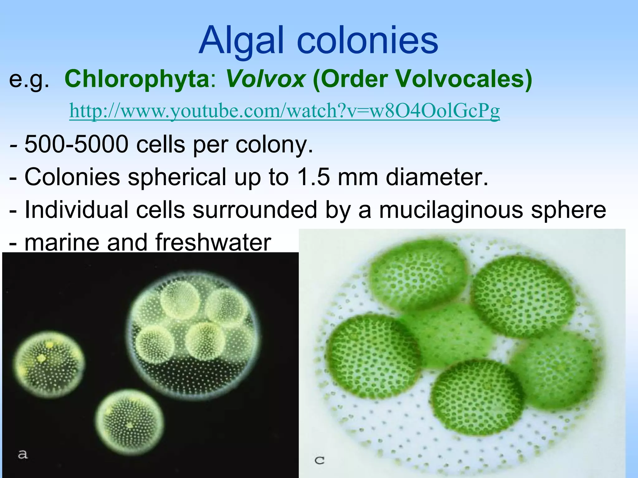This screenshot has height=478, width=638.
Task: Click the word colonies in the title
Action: click(368, 40)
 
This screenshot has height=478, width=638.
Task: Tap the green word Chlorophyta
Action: click(137, 79)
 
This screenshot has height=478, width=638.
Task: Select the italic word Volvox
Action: click(265, 79)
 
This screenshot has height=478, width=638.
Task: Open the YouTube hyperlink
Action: click(284, 111)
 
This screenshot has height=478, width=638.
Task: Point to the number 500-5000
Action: click(76, 144)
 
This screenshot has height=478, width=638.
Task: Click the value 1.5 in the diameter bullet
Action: click(313, 177)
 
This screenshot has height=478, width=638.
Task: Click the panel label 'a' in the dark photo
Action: click(22, 454)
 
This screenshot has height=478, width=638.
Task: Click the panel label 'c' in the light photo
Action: click(319, 460)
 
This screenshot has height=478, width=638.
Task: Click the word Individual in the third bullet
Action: click(76, 210)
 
